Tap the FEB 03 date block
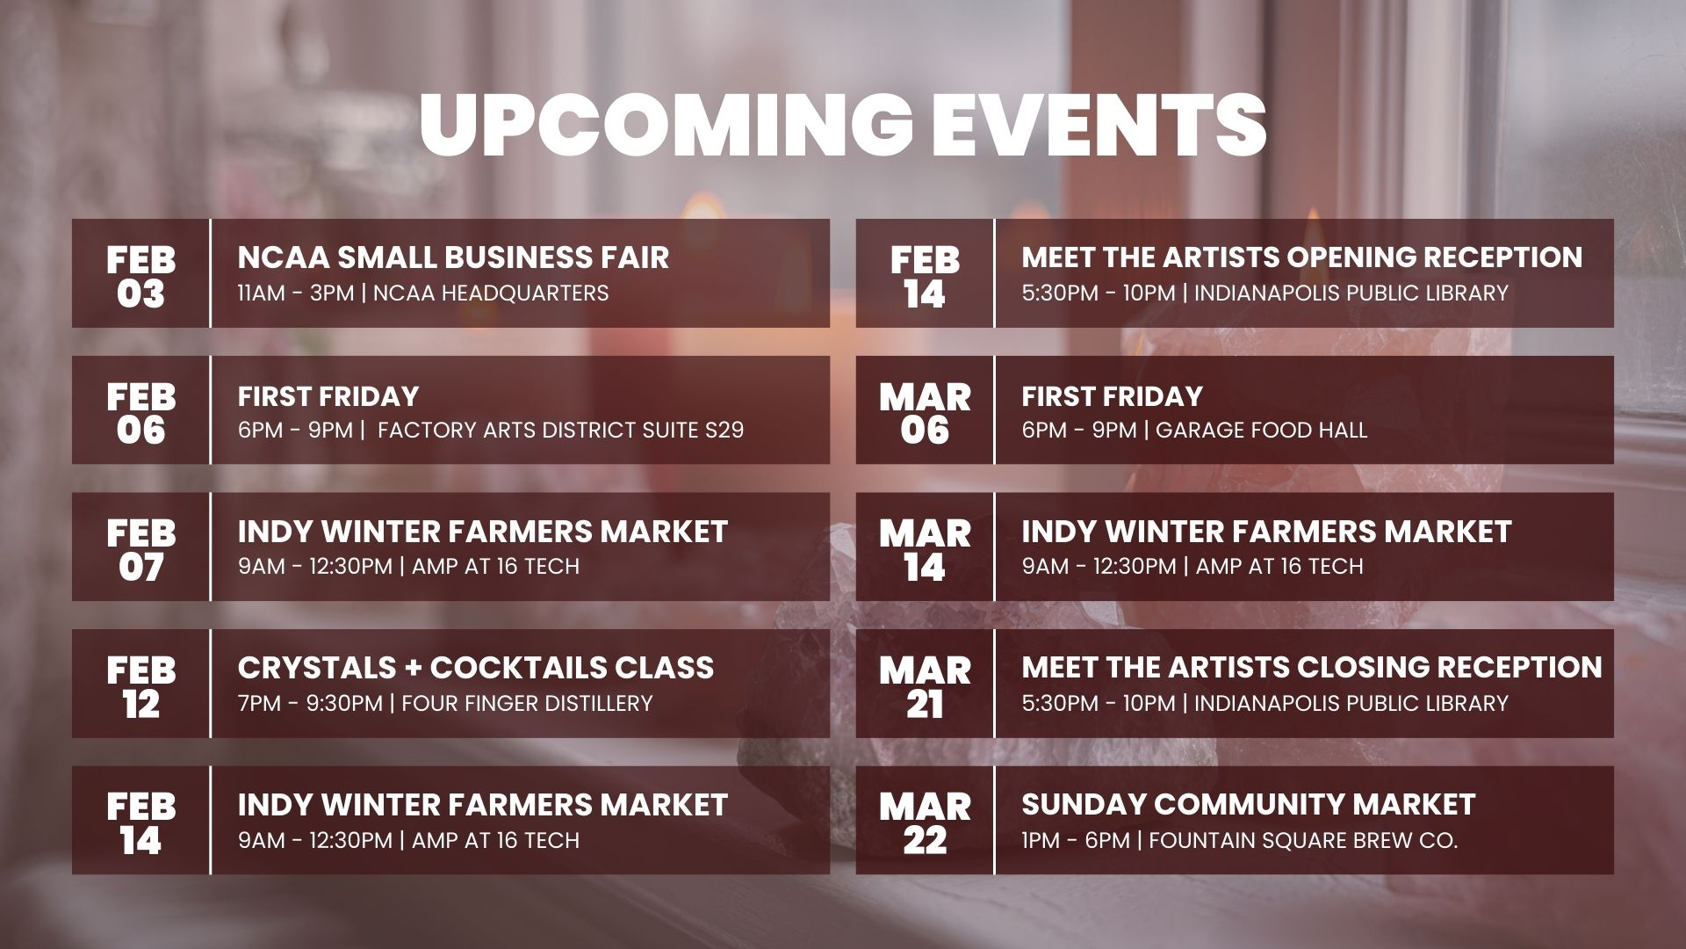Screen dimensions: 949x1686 click(140, 274)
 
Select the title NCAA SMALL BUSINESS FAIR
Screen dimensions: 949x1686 click(453, 257)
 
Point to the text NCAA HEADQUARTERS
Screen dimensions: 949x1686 click(491, 293)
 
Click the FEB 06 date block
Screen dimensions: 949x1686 click(140, 411)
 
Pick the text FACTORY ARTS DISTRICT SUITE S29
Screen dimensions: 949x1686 click(561, 430)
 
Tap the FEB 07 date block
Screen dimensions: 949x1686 click(140, 548)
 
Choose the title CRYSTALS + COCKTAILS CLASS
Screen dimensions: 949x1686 click(475, 668)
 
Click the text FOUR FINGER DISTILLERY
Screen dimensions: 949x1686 click(527, 703)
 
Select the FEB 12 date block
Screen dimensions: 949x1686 click(140, 685)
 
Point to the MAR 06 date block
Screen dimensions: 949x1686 click(925, 411)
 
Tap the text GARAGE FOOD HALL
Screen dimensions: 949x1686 click(1261, 430)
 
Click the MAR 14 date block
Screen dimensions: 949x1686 click(925, 548)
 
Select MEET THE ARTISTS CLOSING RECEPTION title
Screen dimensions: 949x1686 click(1311, 668)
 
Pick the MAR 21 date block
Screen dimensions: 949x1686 click(925, 685)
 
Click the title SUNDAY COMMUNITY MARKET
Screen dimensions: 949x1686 click(1248, 805)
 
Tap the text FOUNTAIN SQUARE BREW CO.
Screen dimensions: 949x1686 click(1303, 840)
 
